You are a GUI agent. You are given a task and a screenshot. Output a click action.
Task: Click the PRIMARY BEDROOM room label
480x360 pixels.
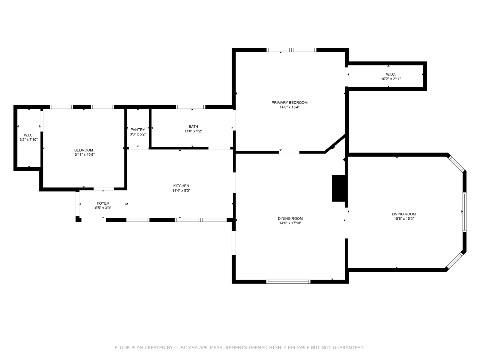(289, 103)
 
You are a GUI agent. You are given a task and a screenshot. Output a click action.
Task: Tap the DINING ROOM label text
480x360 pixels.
(290, 218)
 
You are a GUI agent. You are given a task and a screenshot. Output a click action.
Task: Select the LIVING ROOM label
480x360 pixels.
(404, 214)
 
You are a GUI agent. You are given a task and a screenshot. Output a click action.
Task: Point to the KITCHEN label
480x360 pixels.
(181, 186)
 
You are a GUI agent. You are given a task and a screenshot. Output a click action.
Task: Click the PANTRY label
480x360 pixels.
(138, 130)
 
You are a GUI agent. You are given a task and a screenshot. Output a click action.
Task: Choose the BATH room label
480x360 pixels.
(193, 127)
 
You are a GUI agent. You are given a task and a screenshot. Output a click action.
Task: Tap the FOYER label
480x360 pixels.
(103, 203)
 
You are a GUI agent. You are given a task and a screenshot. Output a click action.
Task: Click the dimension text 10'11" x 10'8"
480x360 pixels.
(84, 155)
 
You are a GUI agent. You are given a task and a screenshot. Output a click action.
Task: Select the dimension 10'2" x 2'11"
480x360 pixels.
(391, 79)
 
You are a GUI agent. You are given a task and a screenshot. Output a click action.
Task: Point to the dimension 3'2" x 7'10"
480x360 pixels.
(28, 140)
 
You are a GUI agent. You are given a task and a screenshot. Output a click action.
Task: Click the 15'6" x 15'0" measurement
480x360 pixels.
(404, 219)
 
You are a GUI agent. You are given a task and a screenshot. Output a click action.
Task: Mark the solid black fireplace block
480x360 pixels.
(339, 188)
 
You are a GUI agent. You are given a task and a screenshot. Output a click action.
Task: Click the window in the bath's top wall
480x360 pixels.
(190, 107)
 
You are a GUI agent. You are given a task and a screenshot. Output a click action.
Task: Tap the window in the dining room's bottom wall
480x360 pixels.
(288, 282)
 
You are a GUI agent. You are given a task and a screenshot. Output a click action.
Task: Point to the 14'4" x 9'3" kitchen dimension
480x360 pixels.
(181, 190)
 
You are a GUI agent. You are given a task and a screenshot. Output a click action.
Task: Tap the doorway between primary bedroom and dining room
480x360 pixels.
(289, 152)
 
